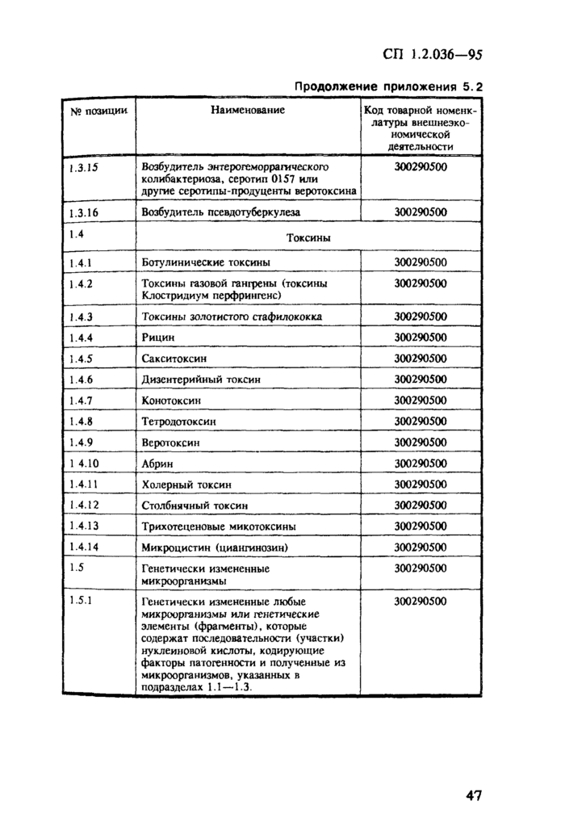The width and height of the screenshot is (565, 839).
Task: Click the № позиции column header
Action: (x=98, y=110)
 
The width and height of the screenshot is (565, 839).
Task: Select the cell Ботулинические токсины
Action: (x=206, y=262)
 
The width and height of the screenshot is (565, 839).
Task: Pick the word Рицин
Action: (x=158, y=338)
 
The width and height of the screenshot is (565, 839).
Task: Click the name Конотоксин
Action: (x=172, y=401)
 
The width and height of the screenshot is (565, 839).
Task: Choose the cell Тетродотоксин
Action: (x=178, y=422)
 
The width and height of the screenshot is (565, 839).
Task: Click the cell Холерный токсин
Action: (x=186, y=485)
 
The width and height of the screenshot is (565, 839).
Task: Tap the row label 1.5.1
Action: (x=81, y=601)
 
